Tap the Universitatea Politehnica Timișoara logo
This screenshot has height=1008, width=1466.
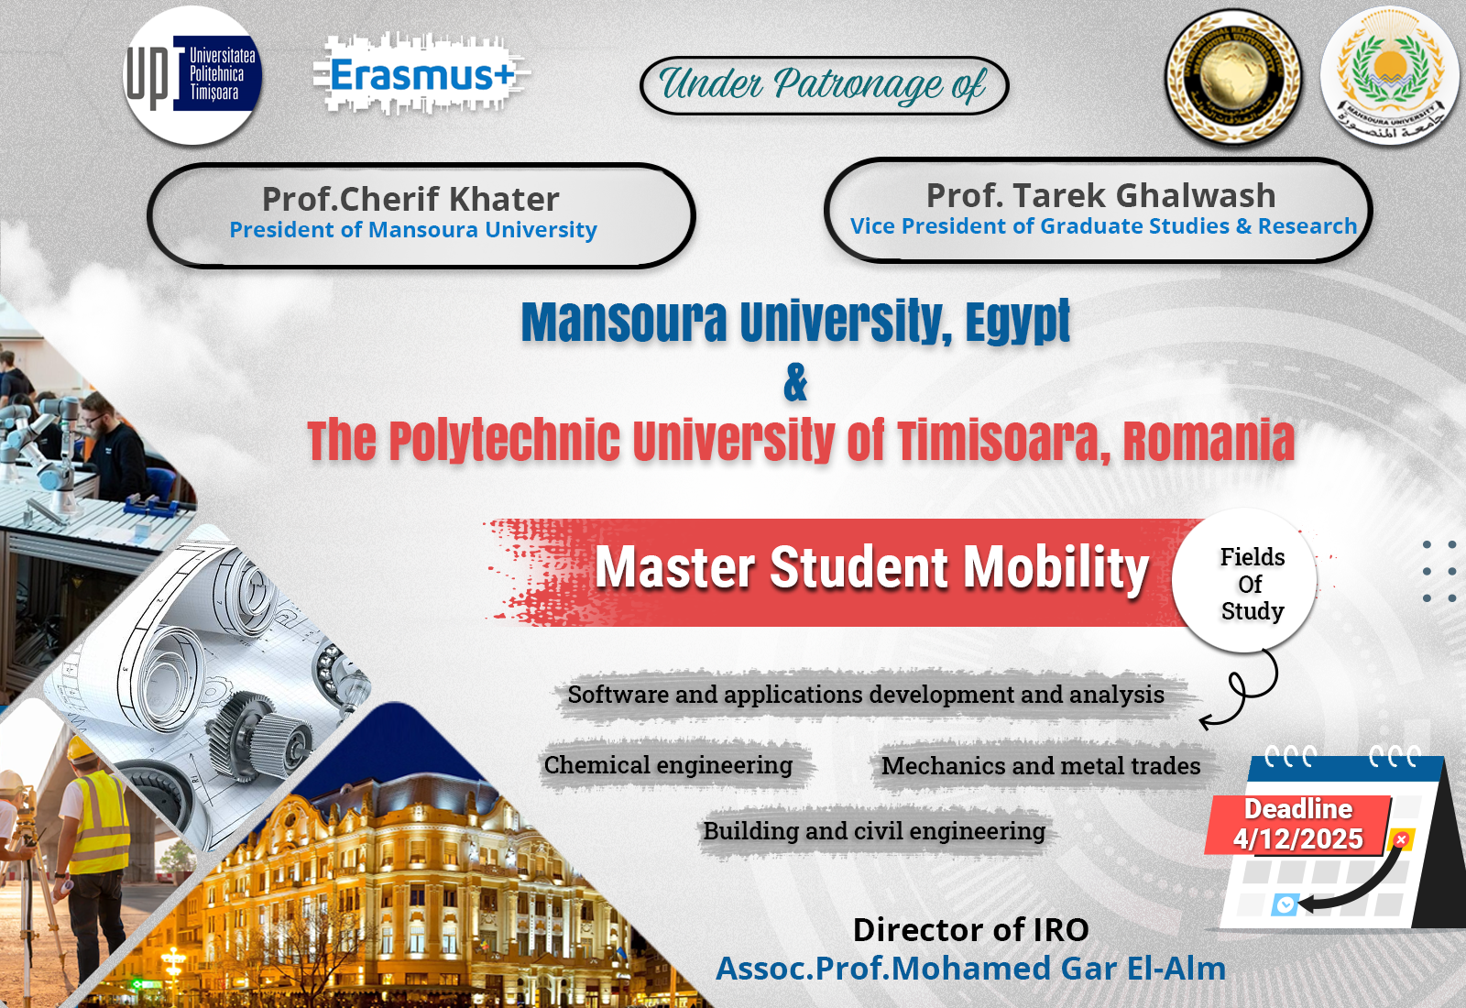click(x=192, y=76)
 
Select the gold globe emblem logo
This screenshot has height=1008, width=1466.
click(x=1233, y=76)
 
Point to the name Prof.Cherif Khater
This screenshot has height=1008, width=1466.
click(x=410, y=199)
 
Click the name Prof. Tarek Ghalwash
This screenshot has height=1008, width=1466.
click(x=1100, y=195)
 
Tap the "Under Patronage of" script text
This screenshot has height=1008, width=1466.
click(x=823, y=85)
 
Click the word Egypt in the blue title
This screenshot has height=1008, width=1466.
click(x=1018, y=321)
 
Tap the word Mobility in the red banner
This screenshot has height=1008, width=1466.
click(x=1056, y=567)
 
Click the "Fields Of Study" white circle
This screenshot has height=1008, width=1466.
click(x=1244, y=580)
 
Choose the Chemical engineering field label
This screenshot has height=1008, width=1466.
click(x=668, y=764)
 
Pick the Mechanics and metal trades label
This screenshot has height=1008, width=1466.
click(x=1041, y=766)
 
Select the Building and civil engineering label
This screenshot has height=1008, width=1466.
click(x=874, y=830)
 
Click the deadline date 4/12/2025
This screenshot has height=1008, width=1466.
click(x=1297, y=838)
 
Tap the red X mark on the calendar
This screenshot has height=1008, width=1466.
click(x=1401, y=839)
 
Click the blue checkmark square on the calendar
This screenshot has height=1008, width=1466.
click(x=1285, y=905)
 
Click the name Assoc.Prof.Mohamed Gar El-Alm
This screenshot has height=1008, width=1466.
click(x=970, y=969)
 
